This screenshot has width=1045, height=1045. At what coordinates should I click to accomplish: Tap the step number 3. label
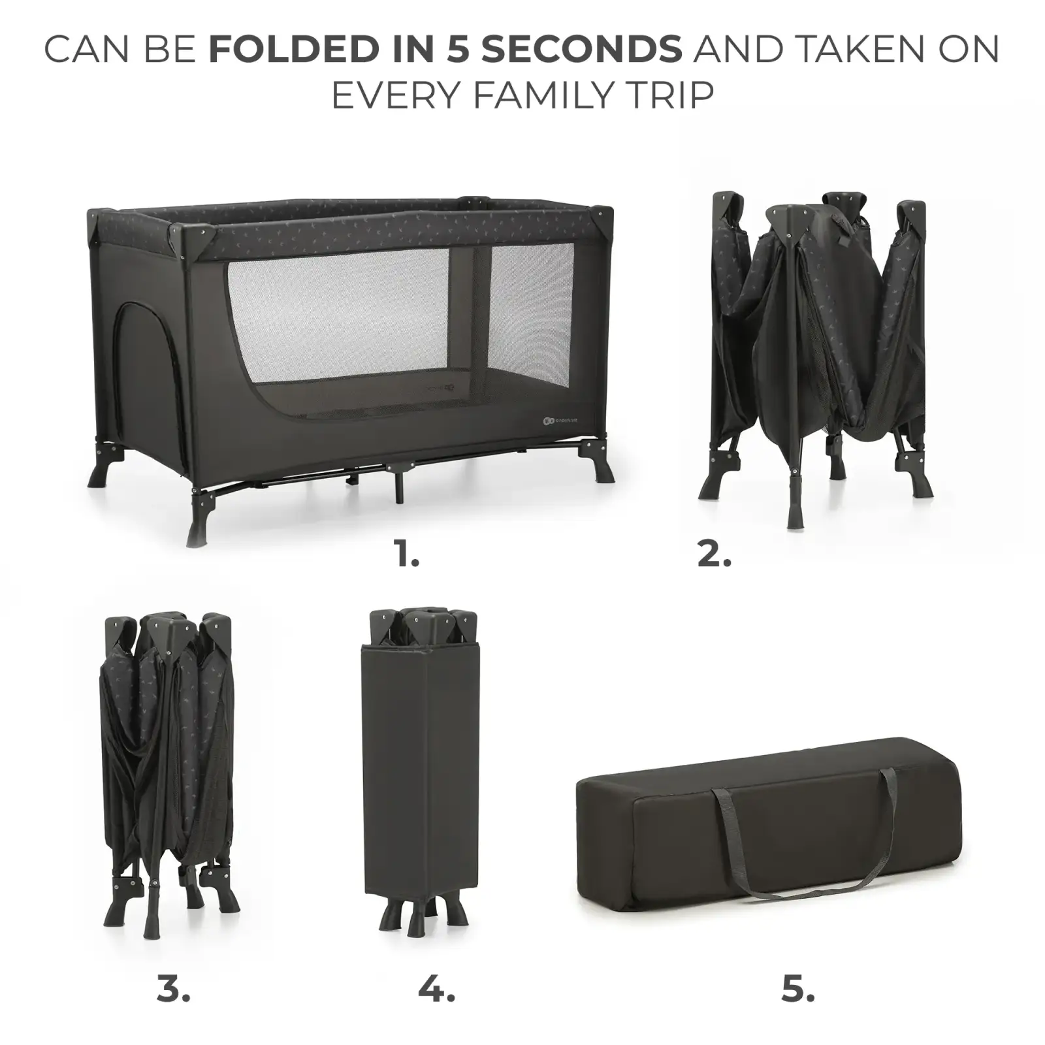(x=173, y=989)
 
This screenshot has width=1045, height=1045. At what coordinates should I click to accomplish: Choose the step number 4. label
(x=436, y=989)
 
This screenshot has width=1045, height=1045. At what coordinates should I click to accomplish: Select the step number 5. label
(x=797, y=989)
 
